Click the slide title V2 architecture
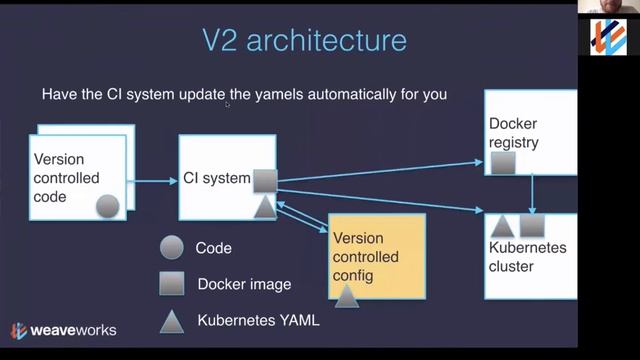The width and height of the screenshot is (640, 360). pos(304,41)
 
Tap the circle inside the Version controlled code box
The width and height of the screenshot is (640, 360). pos(107,206)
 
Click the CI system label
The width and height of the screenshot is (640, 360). pos(216,179)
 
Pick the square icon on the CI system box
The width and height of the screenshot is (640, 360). pos(264,181)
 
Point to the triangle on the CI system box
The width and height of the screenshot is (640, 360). pos(264,207)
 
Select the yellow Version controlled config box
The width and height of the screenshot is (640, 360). pos(377,257)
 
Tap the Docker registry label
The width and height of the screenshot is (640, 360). pos(513,133)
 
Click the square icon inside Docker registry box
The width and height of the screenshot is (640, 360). pos(503,161)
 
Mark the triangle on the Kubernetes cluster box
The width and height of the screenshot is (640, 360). pos(503,226)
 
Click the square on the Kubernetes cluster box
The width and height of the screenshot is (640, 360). pos(531,226)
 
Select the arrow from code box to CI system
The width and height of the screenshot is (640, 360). pos(153,181)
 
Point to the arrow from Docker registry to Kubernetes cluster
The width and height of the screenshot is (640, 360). pos(531,194)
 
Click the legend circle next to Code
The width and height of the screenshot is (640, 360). pos(172,248)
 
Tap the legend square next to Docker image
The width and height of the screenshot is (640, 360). pos(172,284)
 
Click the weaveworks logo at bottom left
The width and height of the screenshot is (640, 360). pos(63,330)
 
